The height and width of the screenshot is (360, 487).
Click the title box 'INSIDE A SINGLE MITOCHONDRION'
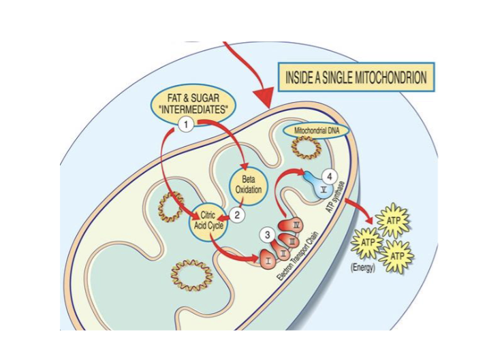356,78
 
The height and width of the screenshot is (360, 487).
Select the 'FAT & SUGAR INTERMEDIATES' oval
189,103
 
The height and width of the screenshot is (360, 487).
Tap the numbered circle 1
185,123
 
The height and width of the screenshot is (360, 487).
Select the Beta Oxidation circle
250,184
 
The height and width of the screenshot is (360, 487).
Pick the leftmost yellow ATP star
368,242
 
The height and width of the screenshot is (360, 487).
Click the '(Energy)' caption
364,268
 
